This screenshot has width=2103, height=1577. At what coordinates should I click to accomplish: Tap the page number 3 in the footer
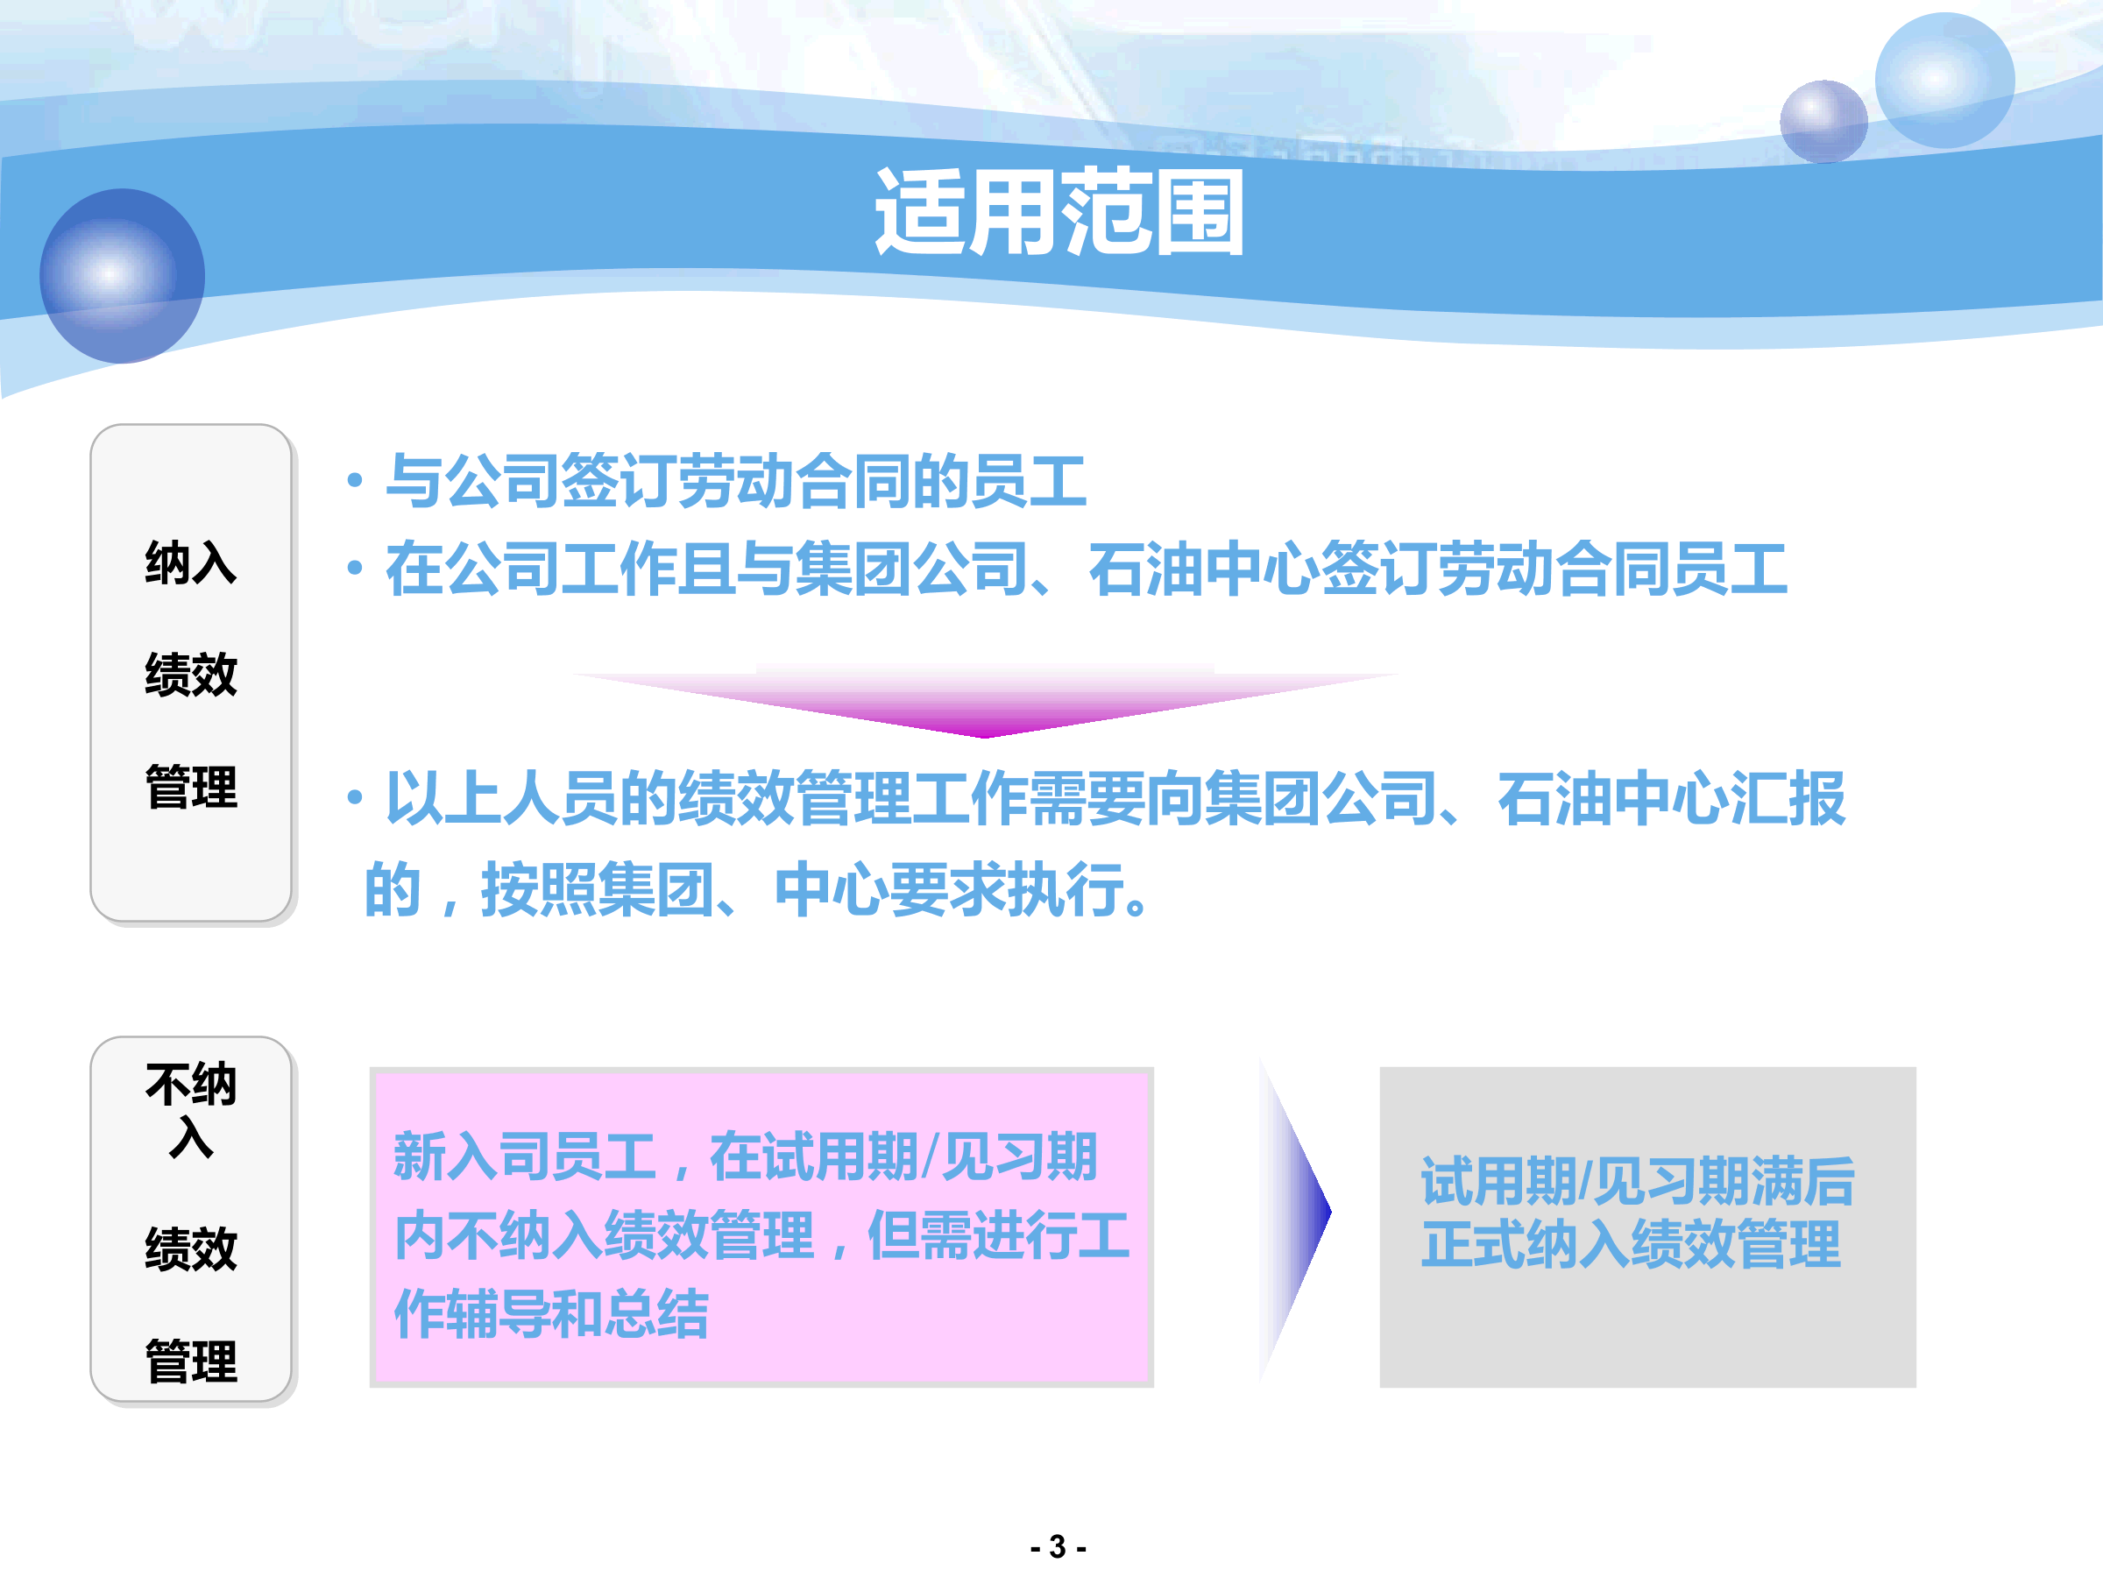[x=1058, y=1546]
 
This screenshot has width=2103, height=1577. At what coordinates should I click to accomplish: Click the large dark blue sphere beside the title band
[x=122, y=276]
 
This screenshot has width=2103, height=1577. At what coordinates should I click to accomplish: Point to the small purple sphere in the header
[x=1823, y=122]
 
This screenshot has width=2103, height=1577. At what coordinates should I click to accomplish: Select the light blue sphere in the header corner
[x=1944, y=80]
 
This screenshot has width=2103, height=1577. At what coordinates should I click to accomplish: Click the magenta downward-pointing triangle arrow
[x=985, y=704]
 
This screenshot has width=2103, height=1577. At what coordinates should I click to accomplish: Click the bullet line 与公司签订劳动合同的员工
[x=735, y=481]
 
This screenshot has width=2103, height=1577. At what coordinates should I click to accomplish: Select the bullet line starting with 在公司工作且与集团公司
[x=1086, y=569]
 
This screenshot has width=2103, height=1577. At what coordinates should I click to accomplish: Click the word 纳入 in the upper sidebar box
[x=191, y=562]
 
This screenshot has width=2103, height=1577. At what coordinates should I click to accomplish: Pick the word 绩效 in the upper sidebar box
[x=191, y=674]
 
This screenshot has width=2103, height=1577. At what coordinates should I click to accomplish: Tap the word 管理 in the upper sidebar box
[x=191, y=787]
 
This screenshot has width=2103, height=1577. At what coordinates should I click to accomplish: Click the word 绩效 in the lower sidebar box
[x=191, y=1248]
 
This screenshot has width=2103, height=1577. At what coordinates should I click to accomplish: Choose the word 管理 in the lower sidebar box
[x=191, y=1361]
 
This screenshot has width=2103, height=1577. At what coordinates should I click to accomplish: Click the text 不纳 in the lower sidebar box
[x=191, y=1084]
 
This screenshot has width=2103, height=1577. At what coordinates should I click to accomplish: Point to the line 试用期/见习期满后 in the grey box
[x=1637, y=1182]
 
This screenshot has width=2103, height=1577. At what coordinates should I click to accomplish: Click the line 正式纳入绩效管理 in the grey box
[x=1631, y=1244]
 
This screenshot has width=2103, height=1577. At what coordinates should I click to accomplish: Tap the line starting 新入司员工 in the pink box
[x=746, y=1156]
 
